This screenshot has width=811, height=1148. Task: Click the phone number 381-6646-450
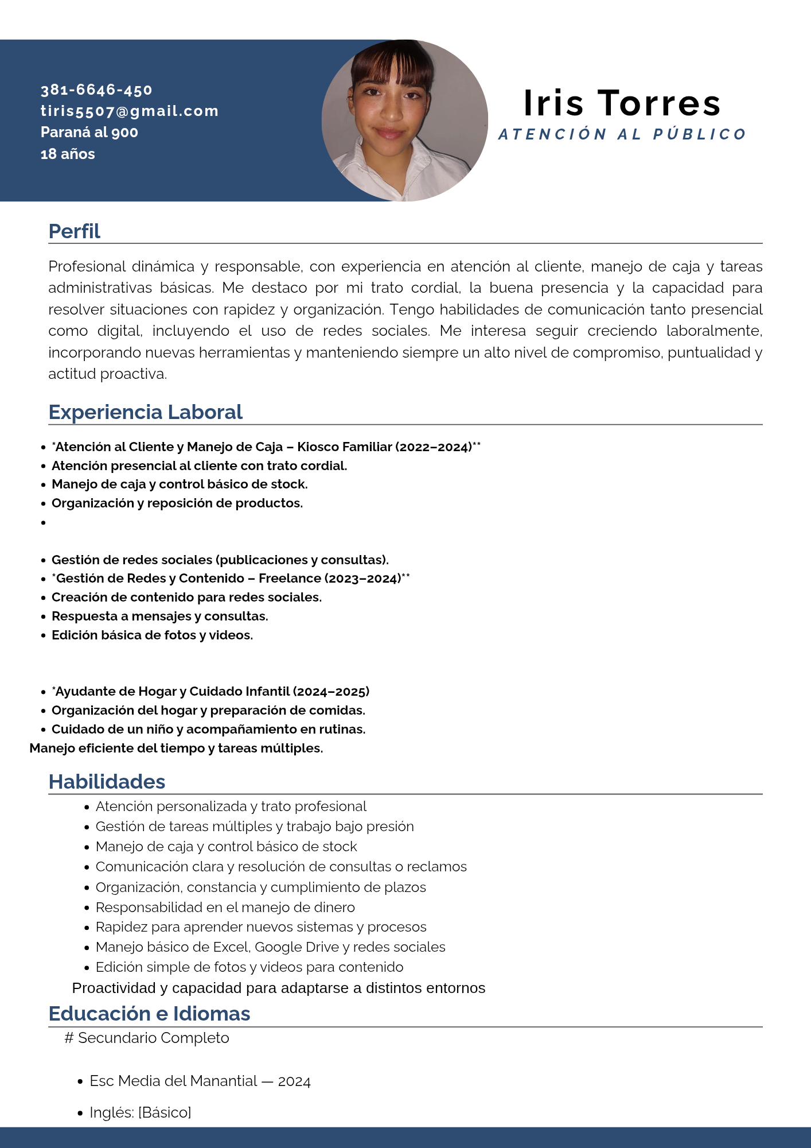click(96, 90)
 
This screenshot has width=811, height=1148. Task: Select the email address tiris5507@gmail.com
click(130, 111)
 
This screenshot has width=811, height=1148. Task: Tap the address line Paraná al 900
click(89, 133)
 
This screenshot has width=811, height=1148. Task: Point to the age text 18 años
click(68, 154)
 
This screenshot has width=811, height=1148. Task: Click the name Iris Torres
click(622, 103)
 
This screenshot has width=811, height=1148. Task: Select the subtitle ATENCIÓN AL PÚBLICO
click(622, 135)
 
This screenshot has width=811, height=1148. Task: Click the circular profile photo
click(404, 121)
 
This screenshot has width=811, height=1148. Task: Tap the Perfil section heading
click(75, 231)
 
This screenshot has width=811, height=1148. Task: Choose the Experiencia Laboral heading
click(146, 412)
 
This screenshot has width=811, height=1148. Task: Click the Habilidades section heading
click(107, 782)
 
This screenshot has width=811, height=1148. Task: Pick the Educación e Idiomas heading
click(150, 1014)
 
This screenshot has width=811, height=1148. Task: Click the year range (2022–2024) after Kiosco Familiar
click(434, 447)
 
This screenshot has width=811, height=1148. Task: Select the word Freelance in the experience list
click(289, 579)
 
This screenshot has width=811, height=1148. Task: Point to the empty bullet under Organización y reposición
click(44, 522)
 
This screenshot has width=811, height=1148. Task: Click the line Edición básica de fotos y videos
click(152, 635)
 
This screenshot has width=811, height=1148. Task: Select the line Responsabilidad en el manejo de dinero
click(225, 907)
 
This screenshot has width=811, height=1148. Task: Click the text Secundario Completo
click(154, 1038)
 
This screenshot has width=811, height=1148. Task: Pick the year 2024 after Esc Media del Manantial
click(294, 1081)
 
